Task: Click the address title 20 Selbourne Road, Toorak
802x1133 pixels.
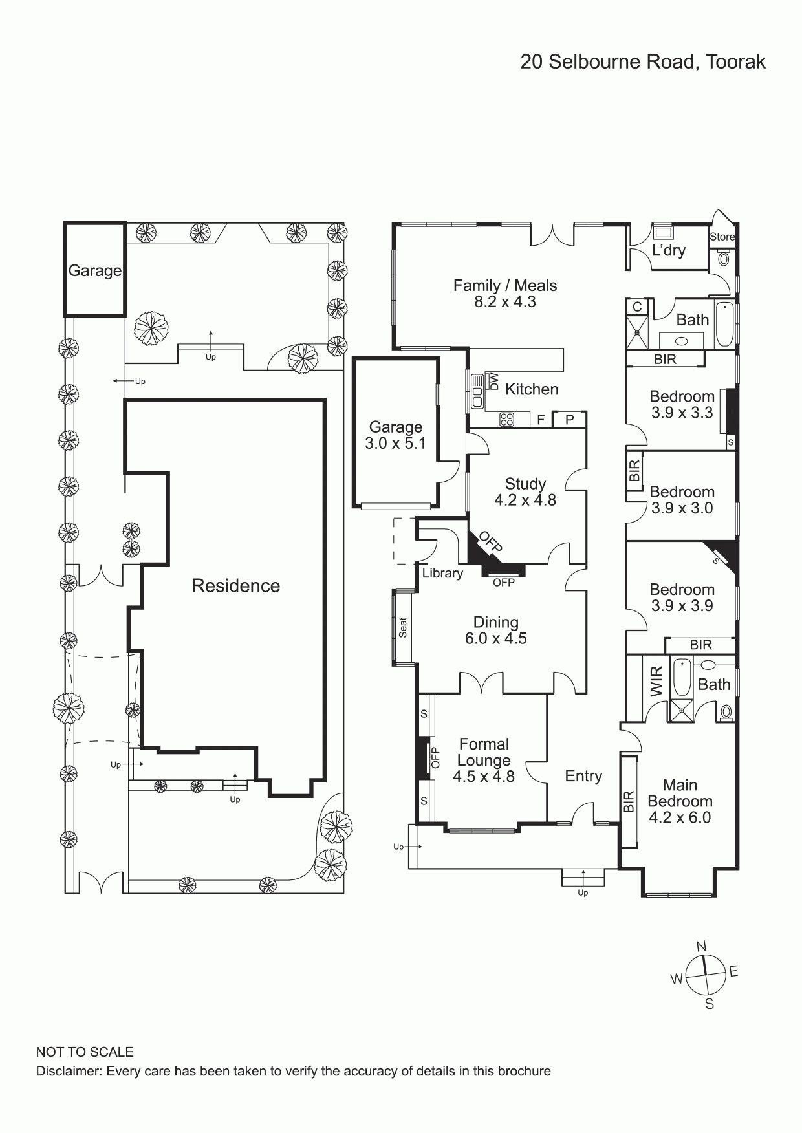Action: pos(643,62)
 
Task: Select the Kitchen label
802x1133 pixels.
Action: pos(532,389)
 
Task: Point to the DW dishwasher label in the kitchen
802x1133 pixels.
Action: pos(495,382)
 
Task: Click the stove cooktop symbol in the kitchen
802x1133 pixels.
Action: pos(506,420)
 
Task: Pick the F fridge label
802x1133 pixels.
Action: pos(541,420)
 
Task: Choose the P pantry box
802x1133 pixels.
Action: pos(570,420)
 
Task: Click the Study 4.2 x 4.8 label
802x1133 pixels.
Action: pos(525,491)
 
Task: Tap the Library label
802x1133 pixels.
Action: pos(442,573)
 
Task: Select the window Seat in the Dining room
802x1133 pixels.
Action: pos(403,627)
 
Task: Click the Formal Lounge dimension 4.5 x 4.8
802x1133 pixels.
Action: pos(484,777)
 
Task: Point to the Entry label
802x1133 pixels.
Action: pos(583,776)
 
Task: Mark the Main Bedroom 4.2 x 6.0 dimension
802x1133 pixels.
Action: pos(680,817)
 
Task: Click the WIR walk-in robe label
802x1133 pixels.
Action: pos(656,682)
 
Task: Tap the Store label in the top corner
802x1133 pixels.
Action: pos(722,237)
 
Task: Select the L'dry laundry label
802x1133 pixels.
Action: pos(669,250)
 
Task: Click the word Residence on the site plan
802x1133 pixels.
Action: pos(236,586)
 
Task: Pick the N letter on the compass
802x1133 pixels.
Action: pos(701,946)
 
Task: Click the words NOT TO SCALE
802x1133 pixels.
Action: pos(85,1052)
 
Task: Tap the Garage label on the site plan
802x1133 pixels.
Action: pos(95,271)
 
